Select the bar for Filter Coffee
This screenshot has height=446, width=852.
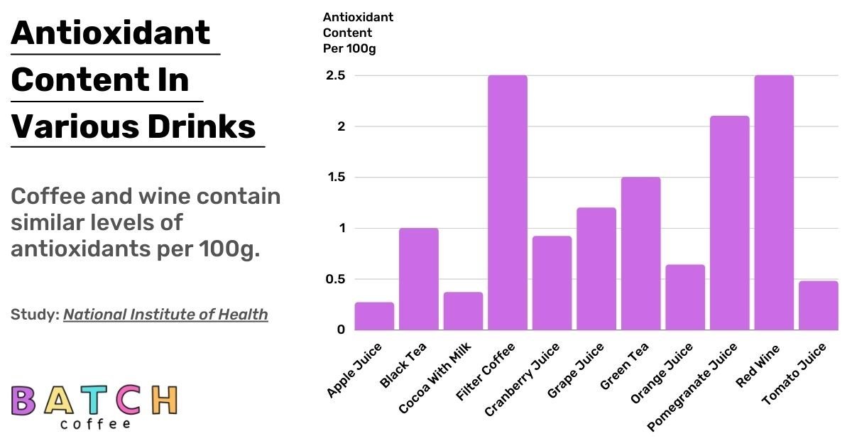tap(508, 202)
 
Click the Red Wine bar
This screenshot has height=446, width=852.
tap(774, 202)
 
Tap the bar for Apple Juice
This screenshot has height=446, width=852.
tap(374, 316)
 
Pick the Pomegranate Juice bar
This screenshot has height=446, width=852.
tap(730, 223)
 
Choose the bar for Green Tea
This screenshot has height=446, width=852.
tap(640, 254)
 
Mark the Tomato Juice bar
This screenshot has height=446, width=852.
tap(818, 305)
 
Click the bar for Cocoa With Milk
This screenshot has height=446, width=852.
tap(463, 311)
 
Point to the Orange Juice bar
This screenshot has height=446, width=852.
tap(685, 298)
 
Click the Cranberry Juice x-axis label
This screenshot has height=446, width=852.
tap(522, 379)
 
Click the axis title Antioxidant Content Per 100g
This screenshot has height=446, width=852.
tap(358, 33)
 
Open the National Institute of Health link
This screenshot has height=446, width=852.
tap(165, 314)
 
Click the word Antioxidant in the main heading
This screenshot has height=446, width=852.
tap(111, 33)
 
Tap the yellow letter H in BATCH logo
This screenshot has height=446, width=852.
tap(164, 401)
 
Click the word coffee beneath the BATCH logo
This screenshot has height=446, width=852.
tap(95, 424)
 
